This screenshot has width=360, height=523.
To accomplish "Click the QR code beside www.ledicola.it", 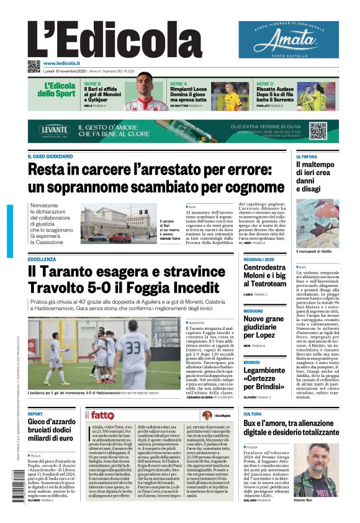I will click(34, 66).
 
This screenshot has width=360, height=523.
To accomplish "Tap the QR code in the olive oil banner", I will click(318, 130).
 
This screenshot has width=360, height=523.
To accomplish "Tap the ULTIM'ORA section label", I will click(307, 157).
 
